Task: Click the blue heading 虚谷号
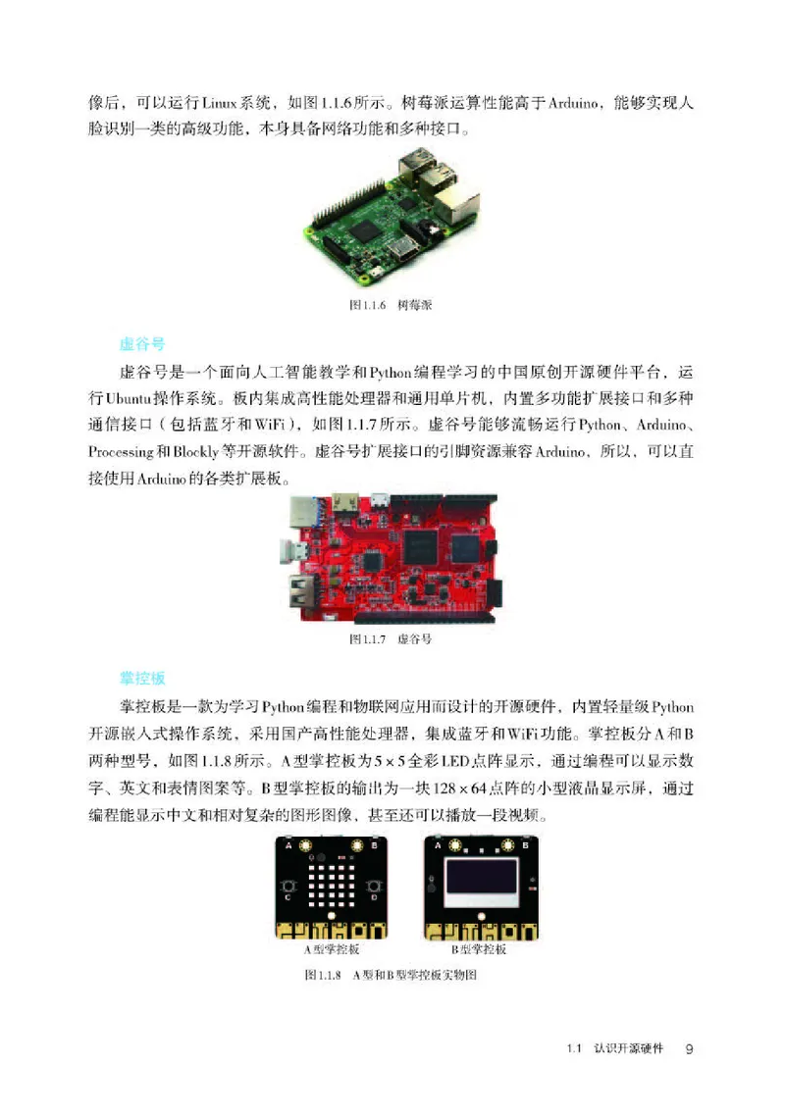(x=141, y=345)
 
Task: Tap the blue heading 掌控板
(x=141, y=679)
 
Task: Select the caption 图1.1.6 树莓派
(x=392, y=305)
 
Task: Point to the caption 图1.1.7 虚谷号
(x=392, y=638)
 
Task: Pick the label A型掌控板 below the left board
(x=332, y=949)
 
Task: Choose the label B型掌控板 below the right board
(x=479, y=949)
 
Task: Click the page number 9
(x=690, y=1048)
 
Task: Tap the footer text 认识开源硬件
(x=629, y=1048)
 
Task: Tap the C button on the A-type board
(x=288, y=895)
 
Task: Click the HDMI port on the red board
(x=346, y=502)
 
